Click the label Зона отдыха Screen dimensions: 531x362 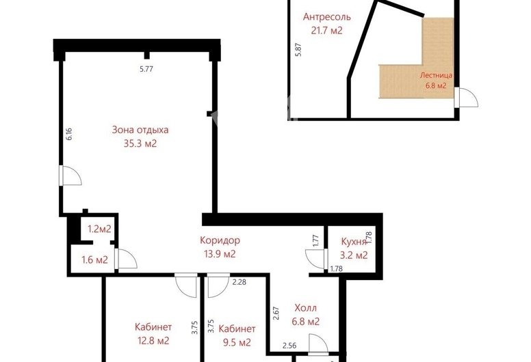tap(140, 130)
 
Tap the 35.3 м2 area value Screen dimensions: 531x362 tap(140, 143)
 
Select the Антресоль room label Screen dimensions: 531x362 tap(327, 17)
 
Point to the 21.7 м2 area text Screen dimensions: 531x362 tap(327, 31)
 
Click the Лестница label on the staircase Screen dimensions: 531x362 tap(436, 75)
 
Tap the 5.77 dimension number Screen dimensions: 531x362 tap(146, 69)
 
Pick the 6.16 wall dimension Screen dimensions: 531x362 tap(69, 133)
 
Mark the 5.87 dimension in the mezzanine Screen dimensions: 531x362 tap(298, 49)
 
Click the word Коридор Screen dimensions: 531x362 tap(220, 240)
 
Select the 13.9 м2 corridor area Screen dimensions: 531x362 tap(220, 254)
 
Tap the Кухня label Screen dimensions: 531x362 tap(354, 242)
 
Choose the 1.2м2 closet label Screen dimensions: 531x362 tap(99, 229)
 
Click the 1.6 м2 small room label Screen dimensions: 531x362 tap(95, 260)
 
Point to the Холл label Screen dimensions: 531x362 tap(305, 308)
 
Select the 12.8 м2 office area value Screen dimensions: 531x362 tap(153, 341)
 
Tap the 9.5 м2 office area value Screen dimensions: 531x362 tap(237, 342)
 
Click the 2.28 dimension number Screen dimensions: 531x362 tap(239, 282)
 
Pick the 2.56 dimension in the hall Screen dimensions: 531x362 tap(289, 346)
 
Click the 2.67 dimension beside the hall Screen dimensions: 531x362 tap(276, 314)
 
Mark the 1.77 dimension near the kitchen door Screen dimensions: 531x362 tap(316, 240)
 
